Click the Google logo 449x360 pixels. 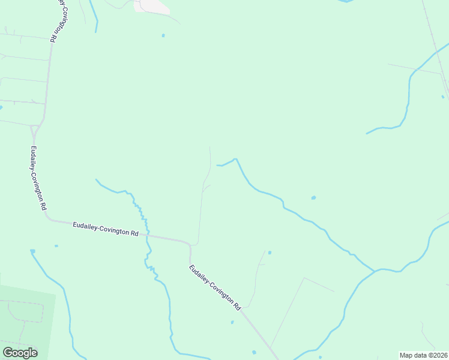coord(20,353)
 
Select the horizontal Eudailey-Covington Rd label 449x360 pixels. coord(106,229)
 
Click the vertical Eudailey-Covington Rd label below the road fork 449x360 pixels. coord(38,178)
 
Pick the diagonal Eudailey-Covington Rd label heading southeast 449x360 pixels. coord(215,287)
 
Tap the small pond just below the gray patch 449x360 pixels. coord(163,35)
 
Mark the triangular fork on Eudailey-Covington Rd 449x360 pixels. coord(35,129)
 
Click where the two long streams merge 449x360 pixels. coord(375,271)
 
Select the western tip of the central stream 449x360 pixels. coord(217,165)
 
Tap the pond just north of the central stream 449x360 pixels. coord(313,197)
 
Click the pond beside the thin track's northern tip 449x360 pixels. coord(270,253)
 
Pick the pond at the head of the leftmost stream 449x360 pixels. coord(32,251)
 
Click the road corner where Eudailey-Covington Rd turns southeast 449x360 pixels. coord(190,245)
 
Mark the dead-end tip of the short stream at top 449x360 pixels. coord(95,31)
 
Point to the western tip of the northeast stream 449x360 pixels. coord(367,133)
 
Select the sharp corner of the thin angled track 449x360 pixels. coord(304,278)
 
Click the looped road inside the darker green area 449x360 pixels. coord(24,312)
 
